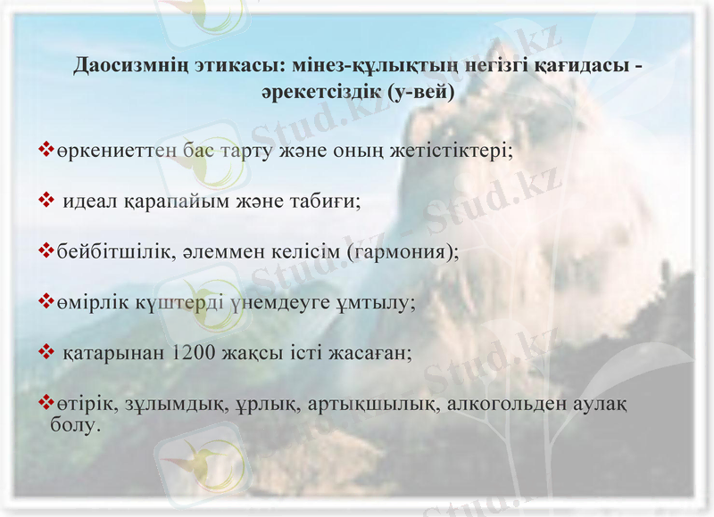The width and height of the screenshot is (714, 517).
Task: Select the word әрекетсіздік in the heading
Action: [318, 92]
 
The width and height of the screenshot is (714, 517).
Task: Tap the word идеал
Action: [92, 201]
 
